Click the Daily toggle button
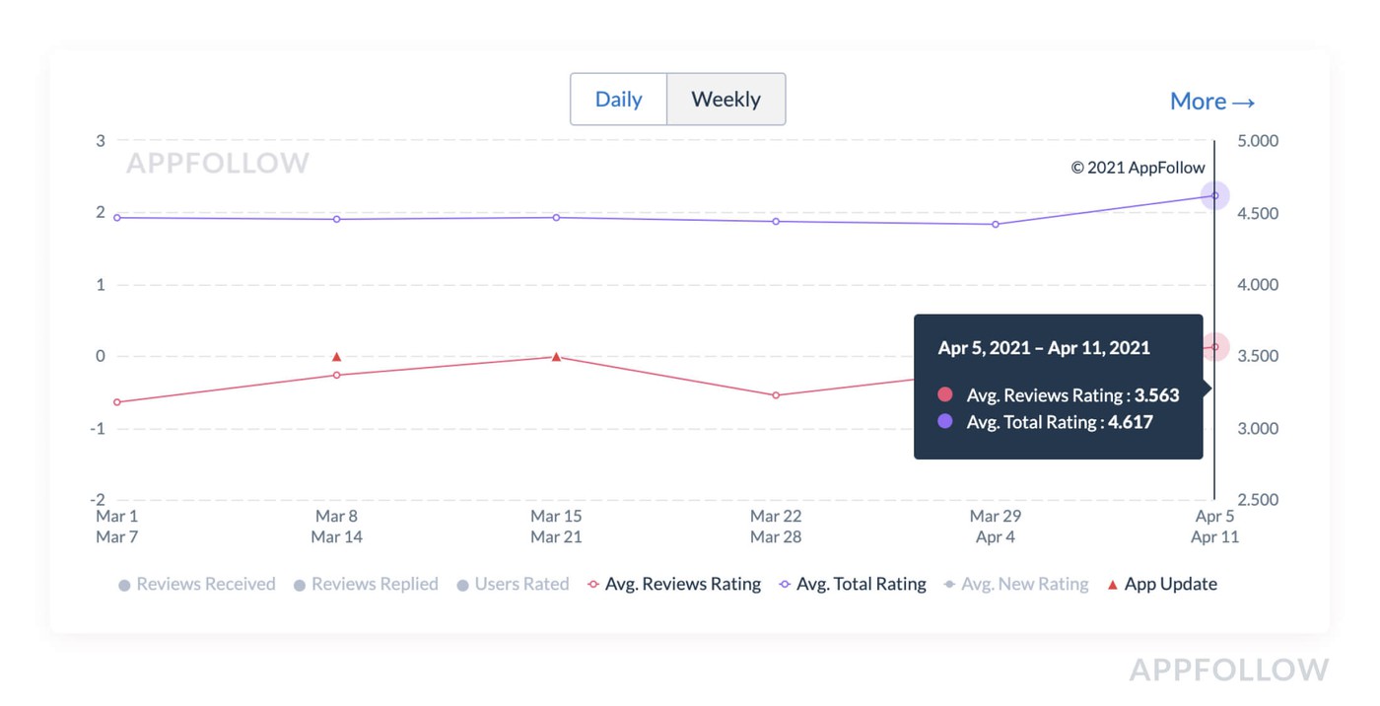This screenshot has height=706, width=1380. [x=618, y=100]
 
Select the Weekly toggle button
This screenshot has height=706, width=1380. [x=725, y=100]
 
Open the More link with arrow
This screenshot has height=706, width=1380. [x=1211, y=102]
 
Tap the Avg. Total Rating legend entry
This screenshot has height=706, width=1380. [x=853, y=584]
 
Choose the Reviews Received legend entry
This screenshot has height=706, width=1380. [x=196, y=584]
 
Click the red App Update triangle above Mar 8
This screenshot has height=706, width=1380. [x=337, y=357]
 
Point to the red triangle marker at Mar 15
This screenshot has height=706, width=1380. [x=557, y=357]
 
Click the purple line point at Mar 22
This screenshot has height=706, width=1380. [x=776, y=221]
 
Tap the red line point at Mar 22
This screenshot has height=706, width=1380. [x=776, y=395]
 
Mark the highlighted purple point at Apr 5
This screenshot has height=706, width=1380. [x=1214, y=195]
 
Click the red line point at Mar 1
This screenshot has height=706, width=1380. [x=117, y=402]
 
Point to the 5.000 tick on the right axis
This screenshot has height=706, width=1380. [x=1257, y=141]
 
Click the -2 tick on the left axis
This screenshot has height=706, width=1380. [x=100, y=500]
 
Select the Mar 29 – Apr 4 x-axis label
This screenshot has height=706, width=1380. [x=996, y=527]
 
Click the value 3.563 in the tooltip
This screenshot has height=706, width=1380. [x=1156, y=395]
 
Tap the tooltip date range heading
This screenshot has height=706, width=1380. [x=1044, y=348]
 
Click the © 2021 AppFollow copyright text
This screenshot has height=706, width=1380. [x=1138, y=168]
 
